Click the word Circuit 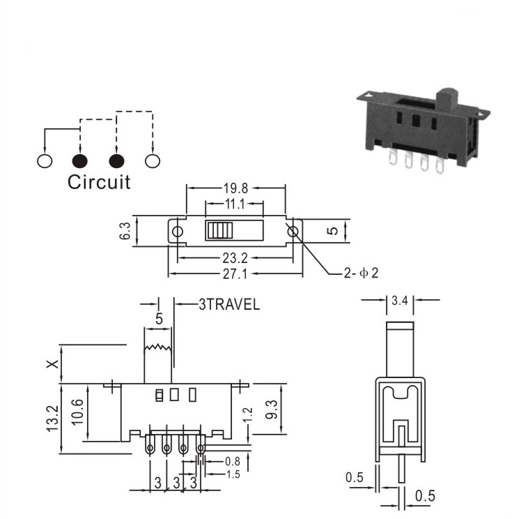(99, 182)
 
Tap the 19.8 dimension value (235, 188)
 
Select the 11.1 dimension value (235, 204)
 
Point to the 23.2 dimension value (235, 258)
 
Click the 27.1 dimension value (235, 274)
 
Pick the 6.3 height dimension (125, 231)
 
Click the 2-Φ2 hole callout (361, 273)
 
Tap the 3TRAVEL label (229, 305)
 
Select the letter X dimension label (52, 364)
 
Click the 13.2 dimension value (52, 419)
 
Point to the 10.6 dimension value (77, 412)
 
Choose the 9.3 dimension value (272, 409)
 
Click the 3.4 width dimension (400, 301)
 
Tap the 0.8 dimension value (233, 461)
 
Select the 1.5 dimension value (233, 474)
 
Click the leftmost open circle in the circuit (45, 161)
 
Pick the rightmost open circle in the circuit (153, 161)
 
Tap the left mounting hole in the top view (178, 232)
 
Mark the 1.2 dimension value (247, 415)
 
